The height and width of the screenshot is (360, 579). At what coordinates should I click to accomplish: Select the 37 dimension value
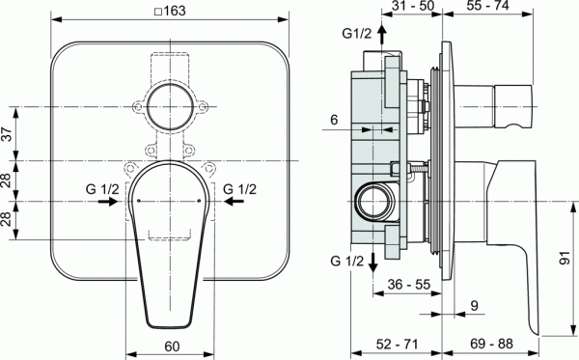tap(9, 135)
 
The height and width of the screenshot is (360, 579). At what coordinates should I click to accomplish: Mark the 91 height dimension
tap(565, 260)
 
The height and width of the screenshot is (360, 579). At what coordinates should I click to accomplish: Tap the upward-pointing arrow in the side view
tap(382, 37)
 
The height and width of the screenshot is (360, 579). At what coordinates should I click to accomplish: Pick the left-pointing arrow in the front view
tap(231, 202)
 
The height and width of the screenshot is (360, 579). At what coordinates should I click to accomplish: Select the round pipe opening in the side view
tap(372, 202)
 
